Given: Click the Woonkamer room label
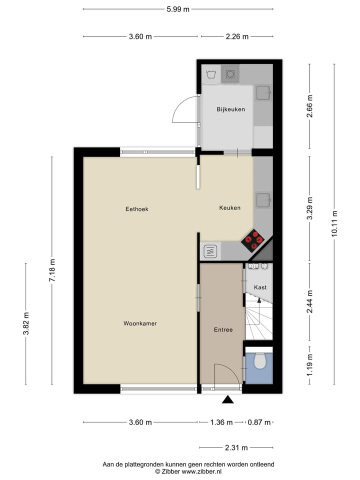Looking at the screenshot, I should point(140,323).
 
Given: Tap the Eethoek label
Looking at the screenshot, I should point(136,209).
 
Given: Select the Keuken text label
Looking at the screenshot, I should point(230,208).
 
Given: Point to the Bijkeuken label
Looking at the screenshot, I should point(230,109).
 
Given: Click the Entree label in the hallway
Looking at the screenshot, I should point(223,329).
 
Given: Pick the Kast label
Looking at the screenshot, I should point(260,287).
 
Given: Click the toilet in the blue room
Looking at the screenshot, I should point(259,360).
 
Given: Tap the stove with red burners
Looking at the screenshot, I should point(253,240).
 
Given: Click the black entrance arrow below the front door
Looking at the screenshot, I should point(228,399).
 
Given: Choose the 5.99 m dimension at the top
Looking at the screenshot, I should point(178,9).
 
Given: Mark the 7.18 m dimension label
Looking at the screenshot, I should point(52,270).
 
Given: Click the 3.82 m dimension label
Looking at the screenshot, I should point(26,323).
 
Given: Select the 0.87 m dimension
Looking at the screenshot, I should point(260,422).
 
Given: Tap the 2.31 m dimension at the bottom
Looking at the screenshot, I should point(236,448).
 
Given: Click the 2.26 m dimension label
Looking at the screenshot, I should point(236,36).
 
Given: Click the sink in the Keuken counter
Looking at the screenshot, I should point(263,200).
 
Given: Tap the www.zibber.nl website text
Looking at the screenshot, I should point(201,471).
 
